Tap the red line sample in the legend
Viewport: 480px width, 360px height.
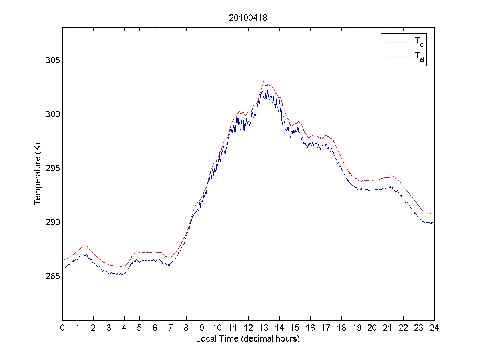(x=398, y=41)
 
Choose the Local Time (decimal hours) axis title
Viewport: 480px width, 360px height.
(x=248, y=339)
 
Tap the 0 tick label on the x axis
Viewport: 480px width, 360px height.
(x=62, y=328)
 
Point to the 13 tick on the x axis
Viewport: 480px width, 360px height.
(x=264, y=328)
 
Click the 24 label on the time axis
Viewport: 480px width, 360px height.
(x=434, y=328)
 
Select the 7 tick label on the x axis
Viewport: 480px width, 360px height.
(x=171, y=328)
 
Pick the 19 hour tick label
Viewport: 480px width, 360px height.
(x=357, y=328)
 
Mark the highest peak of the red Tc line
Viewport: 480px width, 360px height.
(x=263, y=81)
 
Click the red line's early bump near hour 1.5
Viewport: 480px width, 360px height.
(x=84, y=245)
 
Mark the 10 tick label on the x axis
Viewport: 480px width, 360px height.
(x=217, y=328)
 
